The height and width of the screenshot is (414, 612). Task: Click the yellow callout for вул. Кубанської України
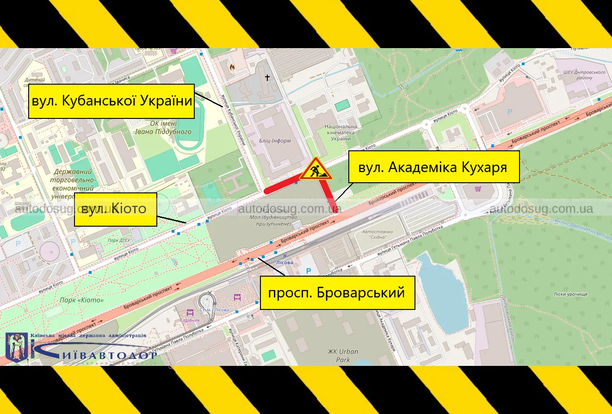click(x=111, y=101)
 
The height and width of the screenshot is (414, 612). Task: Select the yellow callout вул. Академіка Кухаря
click(x=433, y=167)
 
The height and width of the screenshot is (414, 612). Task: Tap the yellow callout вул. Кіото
click(x=116, y=210)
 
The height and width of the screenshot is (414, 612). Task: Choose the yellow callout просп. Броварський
click(x=337, y=293)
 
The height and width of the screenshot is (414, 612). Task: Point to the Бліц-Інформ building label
click(x=275, y=141)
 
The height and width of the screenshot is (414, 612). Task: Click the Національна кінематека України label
click(x=341, y=133)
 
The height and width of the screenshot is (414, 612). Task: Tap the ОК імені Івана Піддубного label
click(x=163, y=128)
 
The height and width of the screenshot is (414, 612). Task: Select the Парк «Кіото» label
click(x=82, y=300)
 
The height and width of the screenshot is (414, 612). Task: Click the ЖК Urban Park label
click(x=343, y=355)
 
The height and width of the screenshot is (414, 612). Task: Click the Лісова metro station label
click(x=284, y=262)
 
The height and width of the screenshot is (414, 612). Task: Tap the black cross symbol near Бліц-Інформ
click(x=267, y=78)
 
